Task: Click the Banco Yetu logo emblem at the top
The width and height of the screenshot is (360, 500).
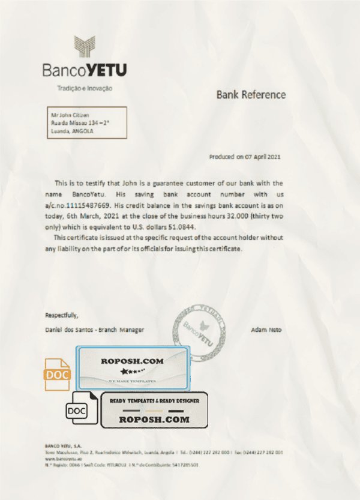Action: (x=85, y=47)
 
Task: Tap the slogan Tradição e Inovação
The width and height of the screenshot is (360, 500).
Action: (x=84, y=88)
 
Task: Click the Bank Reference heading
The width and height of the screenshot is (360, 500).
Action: (x=251, y=95)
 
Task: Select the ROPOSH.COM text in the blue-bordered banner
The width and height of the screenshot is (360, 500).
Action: (x=133, y=361)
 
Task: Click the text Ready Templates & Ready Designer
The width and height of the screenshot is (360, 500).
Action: (x=154, y=401)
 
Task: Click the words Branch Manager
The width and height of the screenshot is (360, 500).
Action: (x=126, y=330)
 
